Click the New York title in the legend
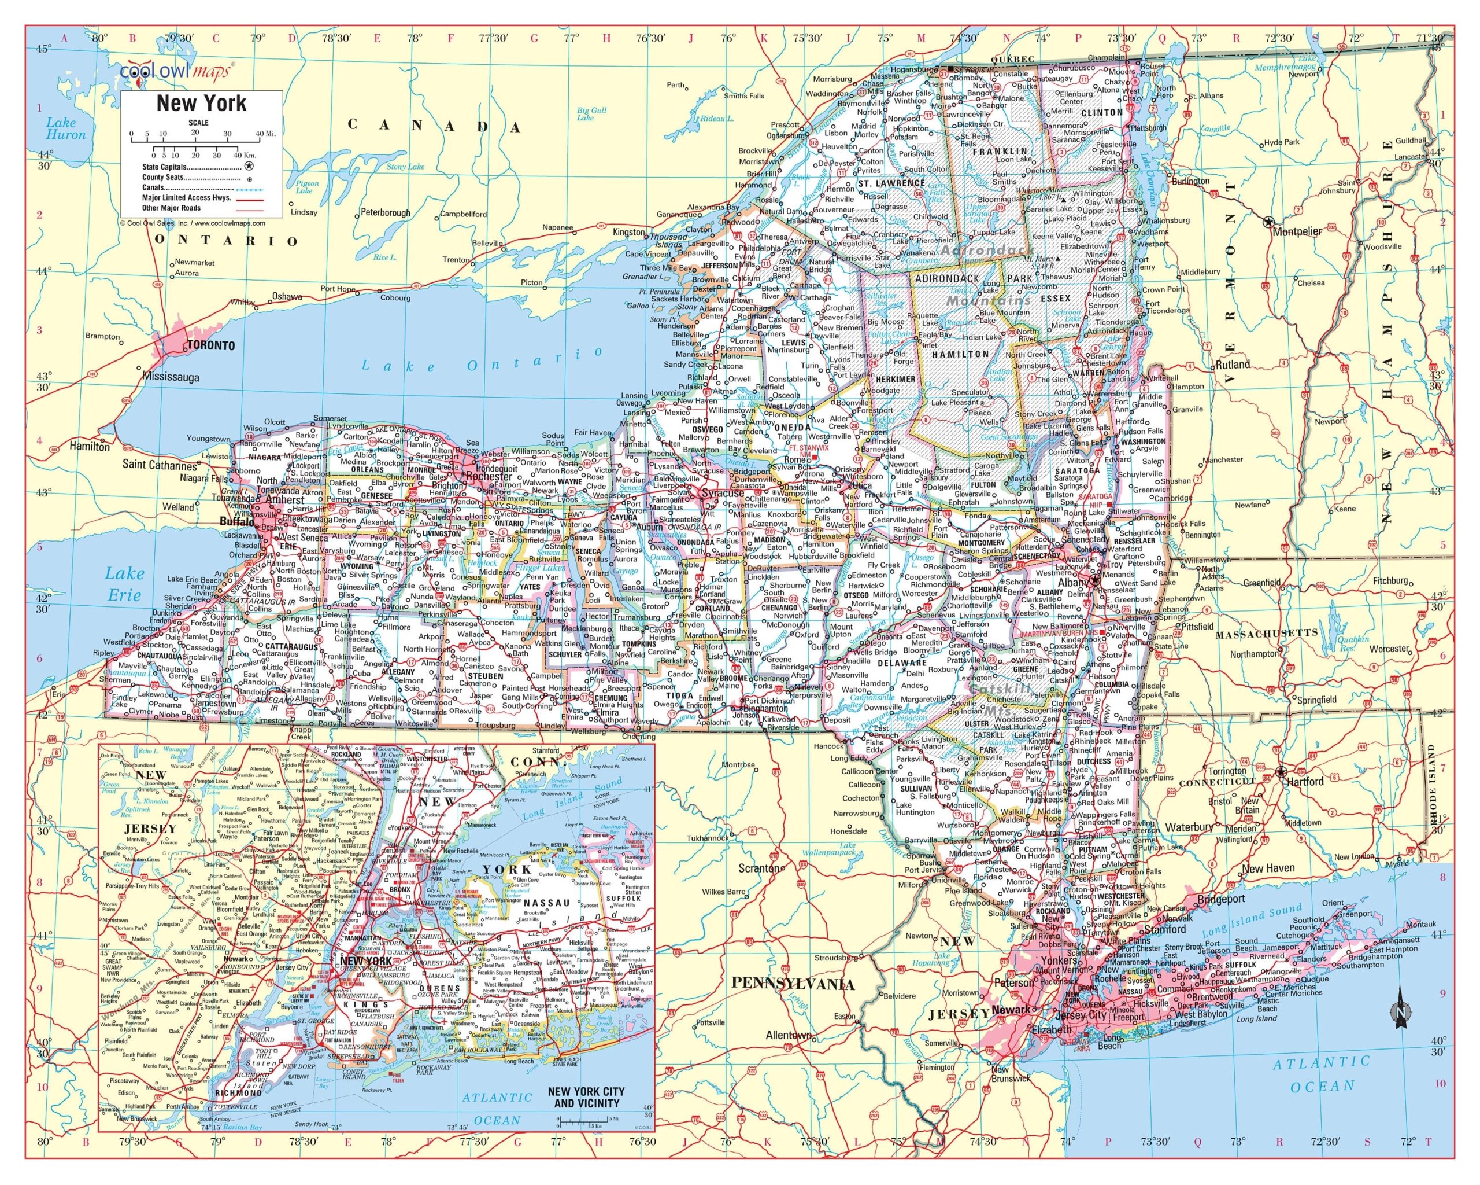point(201,104)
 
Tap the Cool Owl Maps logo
point(177,70)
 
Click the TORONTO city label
point(211,345)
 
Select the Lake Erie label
point(125,584)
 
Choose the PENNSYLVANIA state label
point(792,984)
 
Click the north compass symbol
point(1400,1013)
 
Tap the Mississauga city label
point(171,377)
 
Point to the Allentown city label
point(789,1035)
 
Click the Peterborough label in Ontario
point(385,213)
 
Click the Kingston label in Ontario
point(629,232)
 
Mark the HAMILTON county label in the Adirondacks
point(960,354)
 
